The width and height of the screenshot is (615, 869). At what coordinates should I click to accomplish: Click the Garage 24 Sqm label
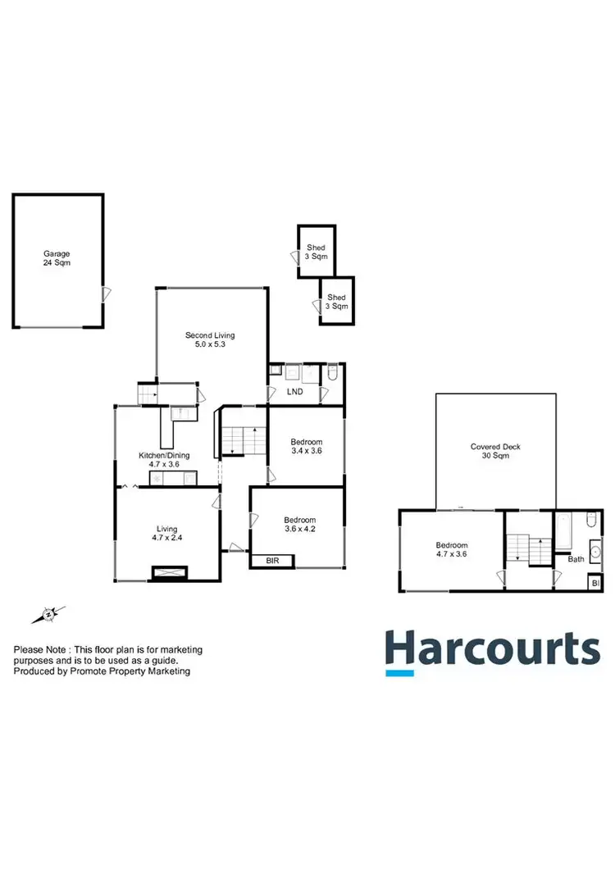56,259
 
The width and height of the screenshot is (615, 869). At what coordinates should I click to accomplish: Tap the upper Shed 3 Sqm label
317,252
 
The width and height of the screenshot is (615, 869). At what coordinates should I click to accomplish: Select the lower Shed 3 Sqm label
337,302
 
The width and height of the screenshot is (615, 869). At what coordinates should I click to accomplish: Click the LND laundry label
294,392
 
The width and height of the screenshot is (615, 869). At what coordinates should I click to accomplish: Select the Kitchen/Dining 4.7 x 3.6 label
164,459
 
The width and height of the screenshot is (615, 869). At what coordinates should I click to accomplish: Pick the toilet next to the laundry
332,375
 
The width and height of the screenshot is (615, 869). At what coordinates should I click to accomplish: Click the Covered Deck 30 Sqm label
495,451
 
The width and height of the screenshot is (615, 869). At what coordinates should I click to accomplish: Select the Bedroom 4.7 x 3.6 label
452,550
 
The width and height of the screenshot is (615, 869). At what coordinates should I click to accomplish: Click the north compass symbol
49,613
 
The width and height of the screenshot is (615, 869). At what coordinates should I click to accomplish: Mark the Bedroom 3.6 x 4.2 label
299,525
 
